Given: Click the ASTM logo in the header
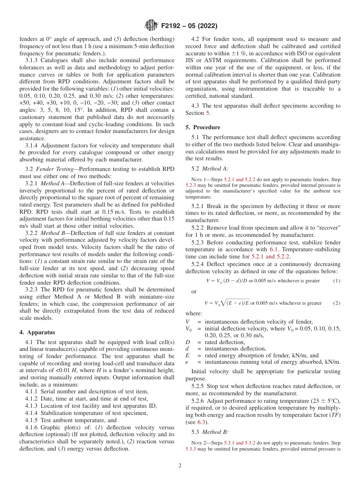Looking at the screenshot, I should pos(151,26).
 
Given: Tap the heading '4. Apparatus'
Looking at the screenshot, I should pos(37,332).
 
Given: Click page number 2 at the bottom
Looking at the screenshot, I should pos(180,466).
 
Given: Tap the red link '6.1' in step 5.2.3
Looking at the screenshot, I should pos(274,249).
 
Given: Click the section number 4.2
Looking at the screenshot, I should pos(196,39).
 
